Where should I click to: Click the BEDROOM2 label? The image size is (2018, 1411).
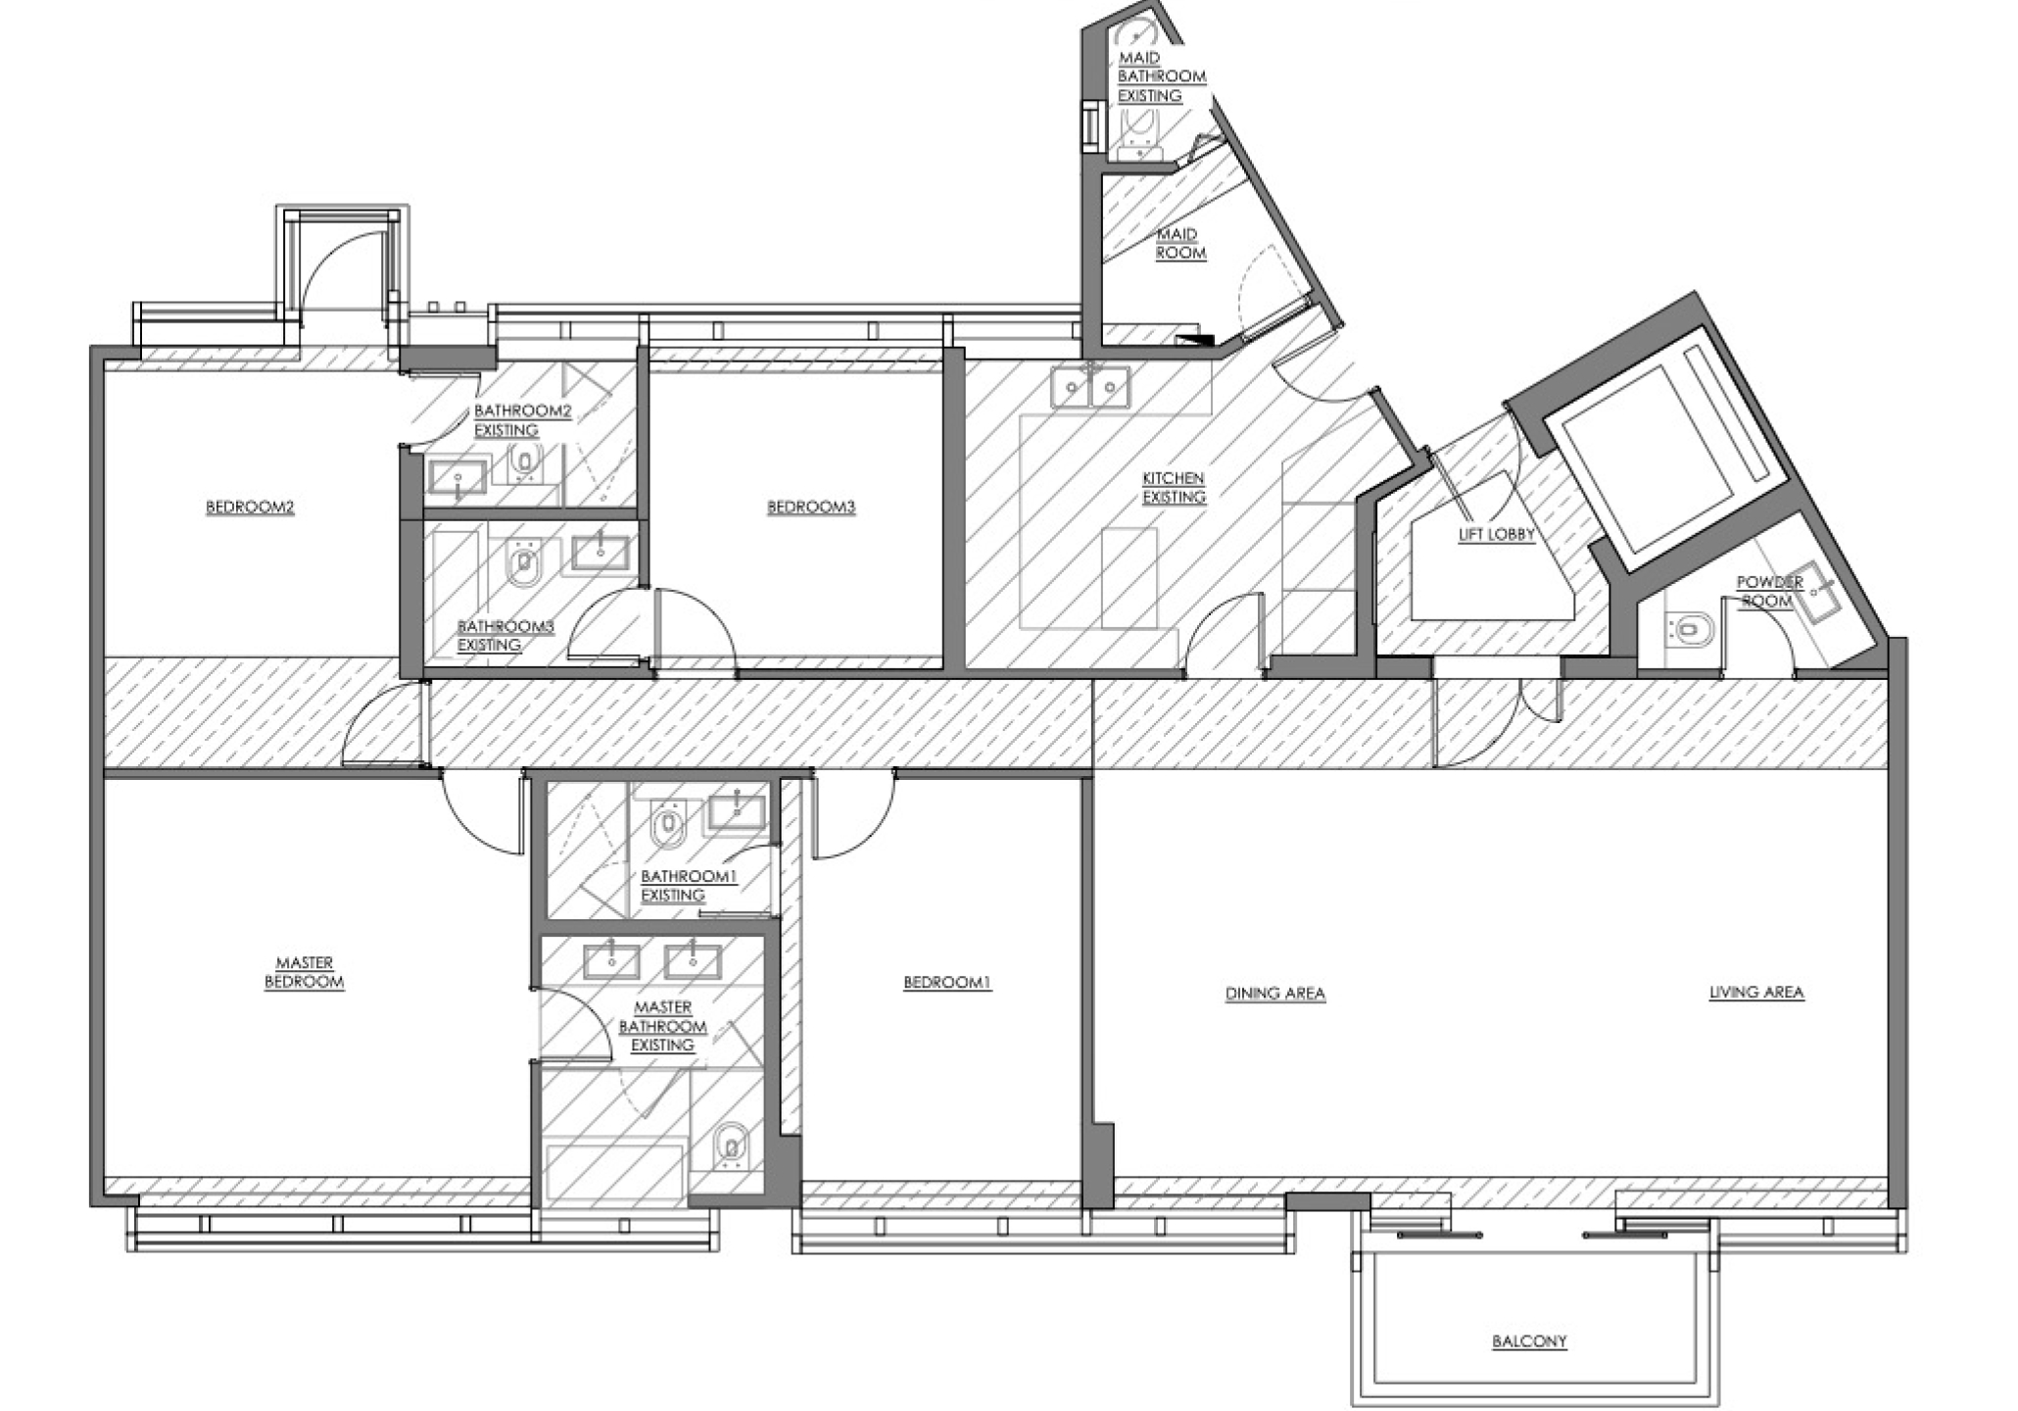(x=250, y=508)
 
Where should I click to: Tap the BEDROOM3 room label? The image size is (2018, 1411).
(x=811, y=508)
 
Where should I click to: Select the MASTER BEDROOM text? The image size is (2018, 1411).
(x=305, y=973)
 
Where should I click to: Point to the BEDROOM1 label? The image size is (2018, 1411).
(x=947, y=983)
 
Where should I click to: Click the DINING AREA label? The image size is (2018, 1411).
(x=1275, y=994)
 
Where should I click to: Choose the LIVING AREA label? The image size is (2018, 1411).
(x=1756, y=993)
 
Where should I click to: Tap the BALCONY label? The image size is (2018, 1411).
(x=1529, y=1341)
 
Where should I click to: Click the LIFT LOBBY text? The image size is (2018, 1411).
(x=1496, y=535)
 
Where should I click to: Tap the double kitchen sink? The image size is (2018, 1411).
(x=1090, y=387)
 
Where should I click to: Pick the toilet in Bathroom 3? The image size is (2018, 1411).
(x=523, y=561)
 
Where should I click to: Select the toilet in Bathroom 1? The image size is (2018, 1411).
(x=668, y=823)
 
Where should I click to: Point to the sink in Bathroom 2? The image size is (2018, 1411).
(x=457, y=477)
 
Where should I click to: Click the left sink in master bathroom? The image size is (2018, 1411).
(x=611, y=961)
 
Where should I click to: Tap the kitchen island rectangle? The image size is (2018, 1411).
(x=1129, y=578)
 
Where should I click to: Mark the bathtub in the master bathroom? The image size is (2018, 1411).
(x=614, y=1173)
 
